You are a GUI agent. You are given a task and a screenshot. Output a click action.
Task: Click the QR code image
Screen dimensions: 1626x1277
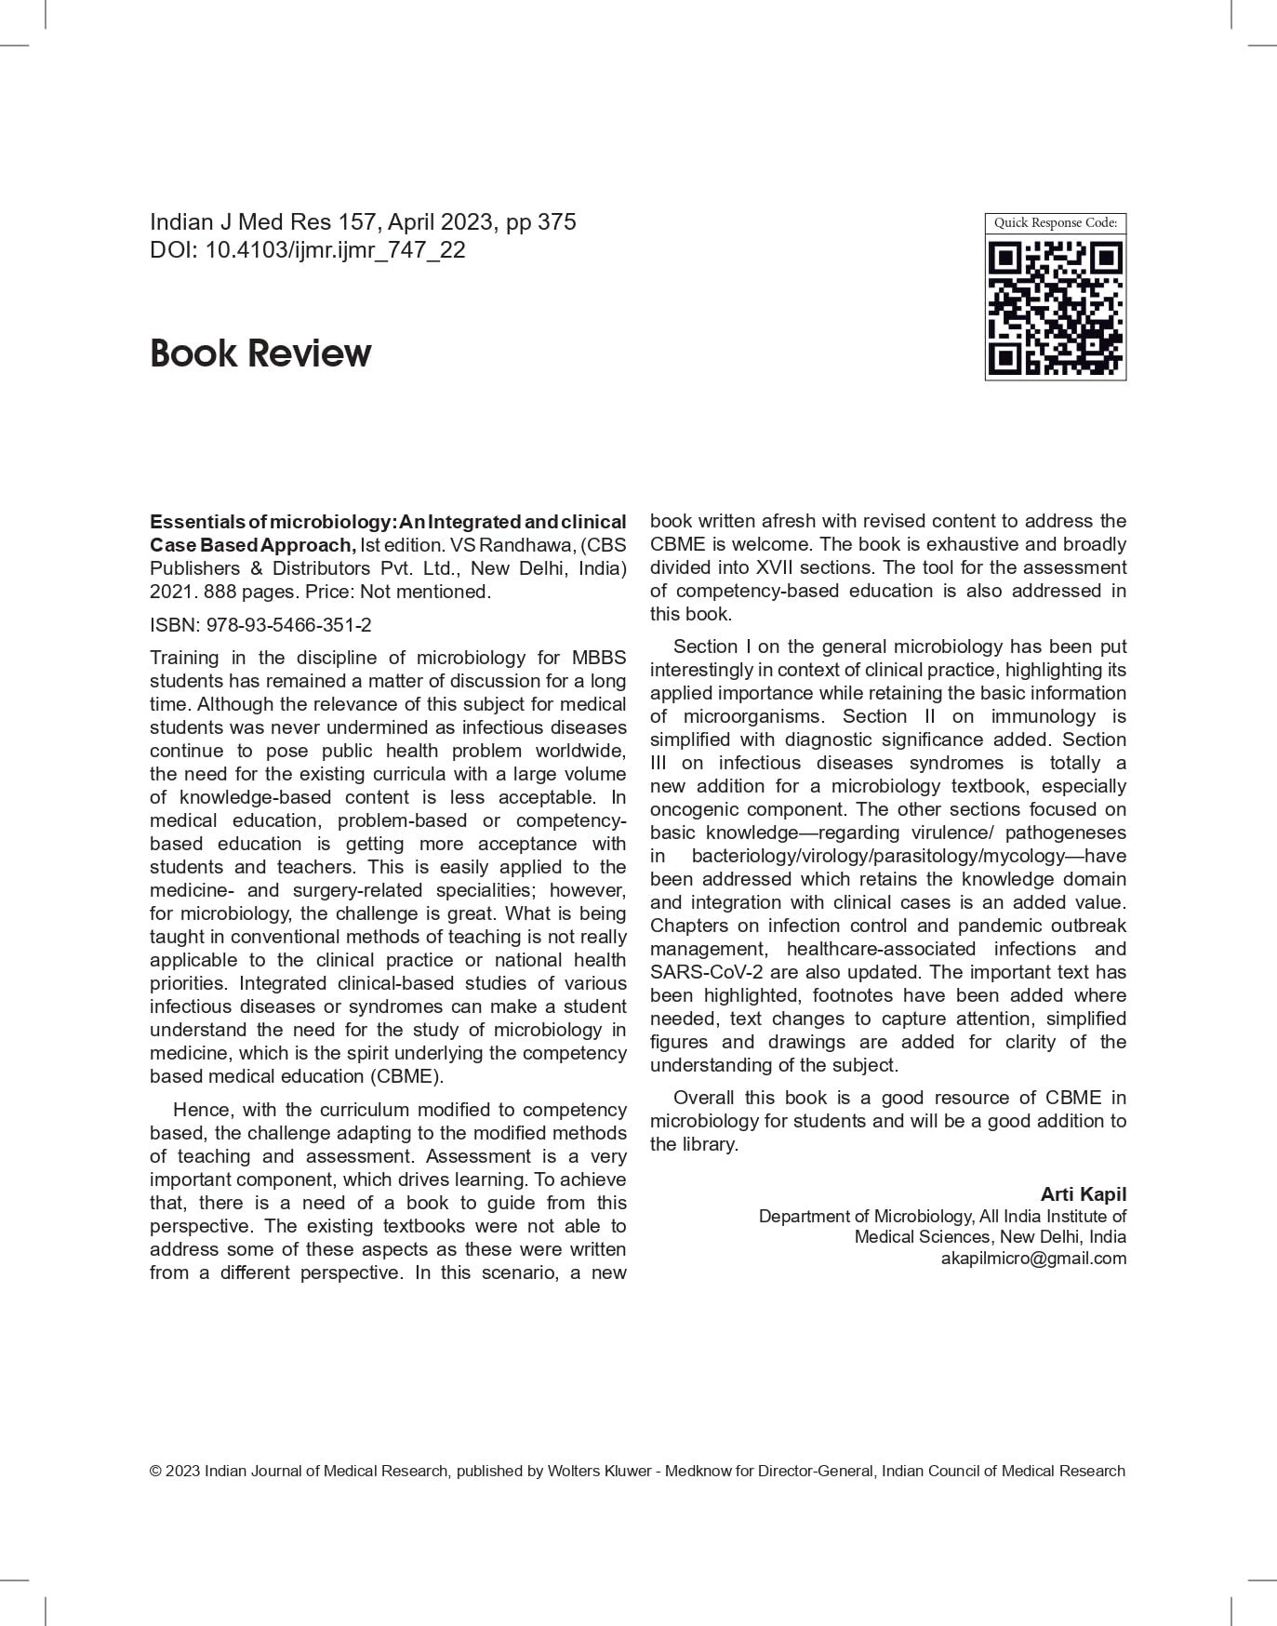tap(1056, 308)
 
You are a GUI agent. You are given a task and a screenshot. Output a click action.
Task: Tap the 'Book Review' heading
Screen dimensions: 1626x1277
tap(260, 353)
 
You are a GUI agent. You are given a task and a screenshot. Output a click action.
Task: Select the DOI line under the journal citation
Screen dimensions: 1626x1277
tap(308, 250)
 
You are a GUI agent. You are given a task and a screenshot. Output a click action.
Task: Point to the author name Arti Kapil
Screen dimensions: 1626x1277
tap(1083, 1194)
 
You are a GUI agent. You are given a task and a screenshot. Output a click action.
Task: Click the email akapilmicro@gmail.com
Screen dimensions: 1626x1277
tap(1033, 1259)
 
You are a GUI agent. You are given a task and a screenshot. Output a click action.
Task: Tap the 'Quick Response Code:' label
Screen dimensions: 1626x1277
tap(1056, 223)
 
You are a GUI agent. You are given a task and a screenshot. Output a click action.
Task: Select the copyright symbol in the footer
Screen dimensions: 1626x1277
tap(155, 1472)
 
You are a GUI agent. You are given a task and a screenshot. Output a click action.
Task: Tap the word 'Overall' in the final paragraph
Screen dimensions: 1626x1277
tap(703, 1098)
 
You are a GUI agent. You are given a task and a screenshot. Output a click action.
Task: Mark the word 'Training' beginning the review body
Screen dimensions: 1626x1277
tap(184, 658)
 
